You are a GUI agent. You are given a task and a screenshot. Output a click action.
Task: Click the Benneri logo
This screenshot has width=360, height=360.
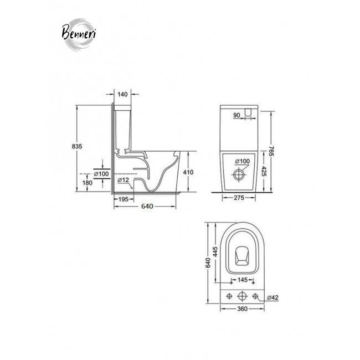(79, 34)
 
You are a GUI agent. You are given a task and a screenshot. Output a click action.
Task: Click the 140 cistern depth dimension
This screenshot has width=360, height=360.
(122, 94)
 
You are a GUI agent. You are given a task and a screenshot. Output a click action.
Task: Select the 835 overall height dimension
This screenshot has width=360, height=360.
(76, 146)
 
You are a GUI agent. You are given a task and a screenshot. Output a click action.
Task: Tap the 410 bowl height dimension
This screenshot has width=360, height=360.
(188, 172)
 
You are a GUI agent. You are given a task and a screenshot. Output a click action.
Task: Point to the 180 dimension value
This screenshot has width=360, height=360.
(88, 183)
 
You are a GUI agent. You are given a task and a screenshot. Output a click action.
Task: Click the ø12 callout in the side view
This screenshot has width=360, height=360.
(124, 180)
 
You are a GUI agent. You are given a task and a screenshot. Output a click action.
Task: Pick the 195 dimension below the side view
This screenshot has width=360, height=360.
(124, 199)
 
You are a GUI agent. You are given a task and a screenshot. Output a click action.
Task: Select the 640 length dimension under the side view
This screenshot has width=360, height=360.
(147, 207)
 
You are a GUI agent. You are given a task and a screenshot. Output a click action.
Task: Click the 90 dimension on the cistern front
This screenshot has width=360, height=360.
(236, 115)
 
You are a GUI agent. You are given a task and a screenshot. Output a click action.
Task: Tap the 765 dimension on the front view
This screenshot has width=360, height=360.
(271, 151)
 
